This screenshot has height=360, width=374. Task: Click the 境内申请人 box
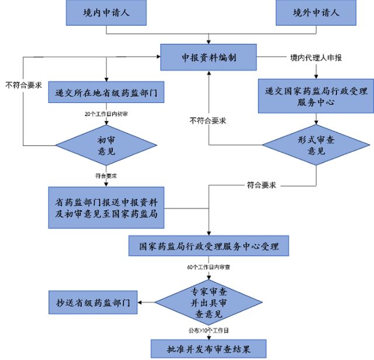pyautogui.click(x=106, y=12)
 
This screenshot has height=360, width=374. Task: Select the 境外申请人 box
pyautogui.click(x=316, y=12)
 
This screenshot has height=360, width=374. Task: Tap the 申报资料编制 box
pyautogui.click(x=209, y=57)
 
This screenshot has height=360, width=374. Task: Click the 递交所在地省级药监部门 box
pyautogui.click(x=106, y=92)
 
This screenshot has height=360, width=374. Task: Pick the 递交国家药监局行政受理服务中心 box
pyautogui.click(x=316, y=96)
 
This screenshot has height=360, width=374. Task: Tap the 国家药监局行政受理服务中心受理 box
pyautogui.click(x=209, y=246)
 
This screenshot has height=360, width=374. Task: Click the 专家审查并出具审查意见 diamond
pyautogui.click(x=209, y=302)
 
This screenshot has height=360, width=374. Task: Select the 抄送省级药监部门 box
pyautogui.click(x=93, y=303)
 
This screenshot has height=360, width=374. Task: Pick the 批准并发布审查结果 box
pyautogui.click(x=209, y=349)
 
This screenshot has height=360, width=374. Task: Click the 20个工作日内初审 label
pyautogui.click(x=106, y=112)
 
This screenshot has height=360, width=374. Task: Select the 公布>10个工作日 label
pyautogui.click(x=209, y=331)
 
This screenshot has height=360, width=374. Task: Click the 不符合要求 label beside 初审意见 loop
pyautogui.click(x=23, y=85)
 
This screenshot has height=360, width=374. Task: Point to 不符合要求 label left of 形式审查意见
pyautogui.click(x=208, y=120)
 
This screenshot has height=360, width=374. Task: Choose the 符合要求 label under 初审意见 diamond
pyautogui.click(x=106, y=175)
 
